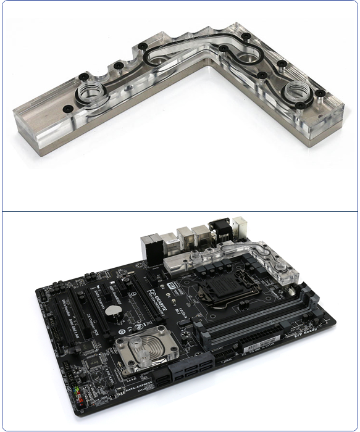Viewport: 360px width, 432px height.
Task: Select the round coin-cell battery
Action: pyautogui.click(x=114, y=310)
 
